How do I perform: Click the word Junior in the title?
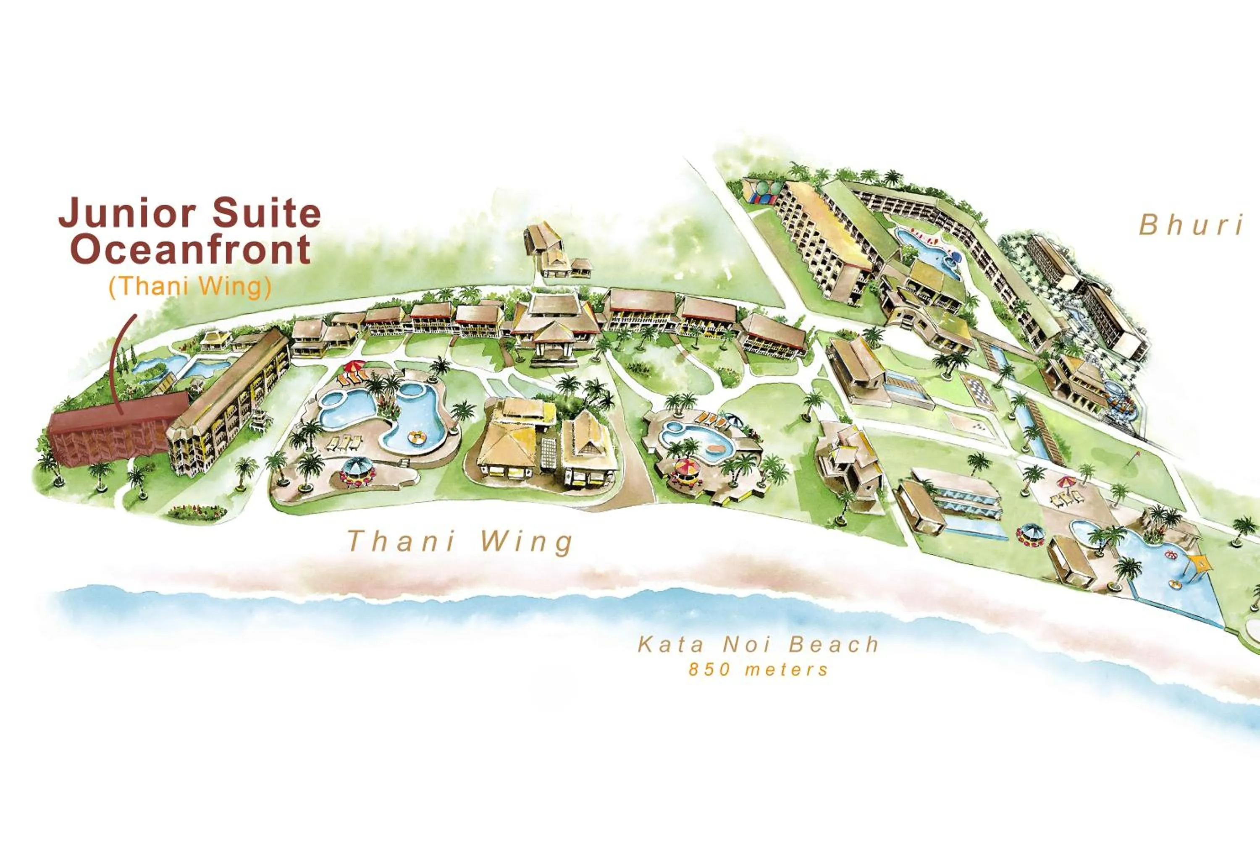point(127,213)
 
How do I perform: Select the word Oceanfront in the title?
point(191,250)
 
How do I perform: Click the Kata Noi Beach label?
point(758,645)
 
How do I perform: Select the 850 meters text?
point(758,669)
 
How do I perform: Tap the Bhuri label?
point(1191,225)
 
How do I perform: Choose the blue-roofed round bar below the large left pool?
point(357,468)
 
